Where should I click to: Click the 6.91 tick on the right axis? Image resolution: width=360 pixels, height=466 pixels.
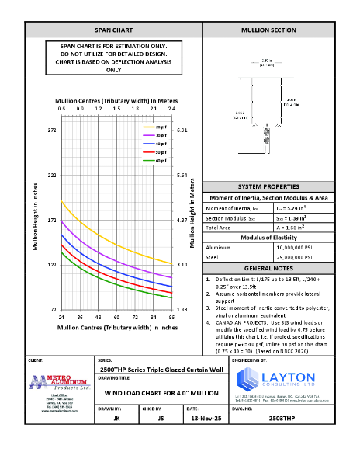point(182,130)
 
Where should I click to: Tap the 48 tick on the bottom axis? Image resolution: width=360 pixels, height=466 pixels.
point(99,318)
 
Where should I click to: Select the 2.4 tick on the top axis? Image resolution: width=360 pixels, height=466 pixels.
point(171,109)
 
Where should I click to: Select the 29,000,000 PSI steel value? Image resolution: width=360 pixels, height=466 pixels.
point(299,257)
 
